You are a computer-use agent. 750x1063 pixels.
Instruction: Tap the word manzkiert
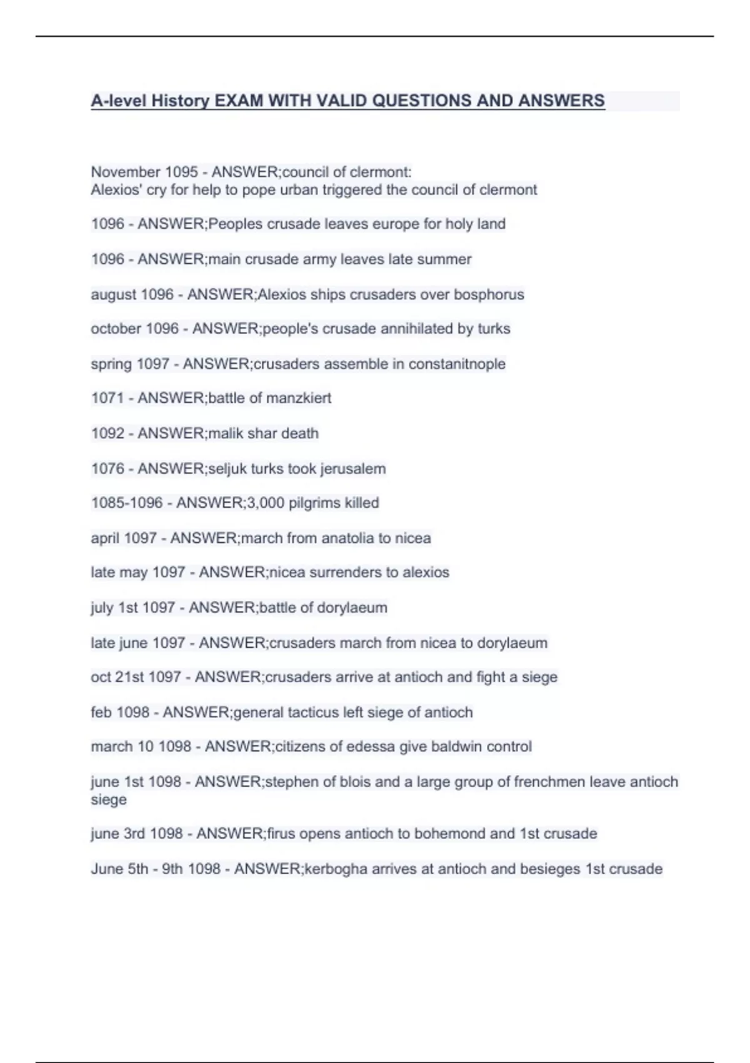299,398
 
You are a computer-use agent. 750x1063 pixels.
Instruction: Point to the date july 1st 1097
132,608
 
